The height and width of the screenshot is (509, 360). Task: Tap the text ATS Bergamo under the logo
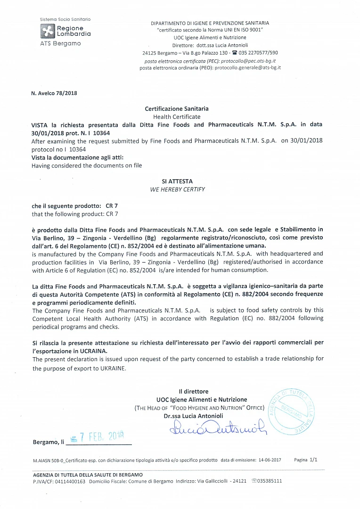[x=60, y=43]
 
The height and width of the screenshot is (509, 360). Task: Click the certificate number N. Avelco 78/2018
[x=54, y=93]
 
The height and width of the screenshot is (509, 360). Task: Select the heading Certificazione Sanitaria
[x=177, y=109]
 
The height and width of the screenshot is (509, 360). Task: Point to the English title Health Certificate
[x=177, y=116]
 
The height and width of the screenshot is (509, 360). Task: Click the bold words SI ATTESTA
[x=177, y=181]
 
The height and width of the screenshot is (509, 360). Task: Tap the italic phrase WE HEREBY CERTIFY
[x=177, y=189]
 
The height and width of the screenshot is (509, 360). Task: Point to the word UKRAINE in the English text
[x=112, y=369]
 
